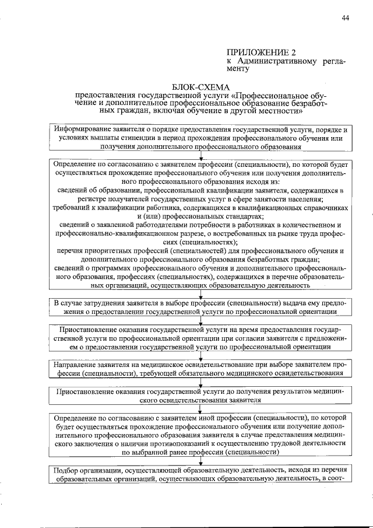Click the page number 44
[x=345, y=19]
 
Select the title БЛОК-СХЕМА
[x=198, y=86]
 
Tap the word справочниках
[x=322, y=208]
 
